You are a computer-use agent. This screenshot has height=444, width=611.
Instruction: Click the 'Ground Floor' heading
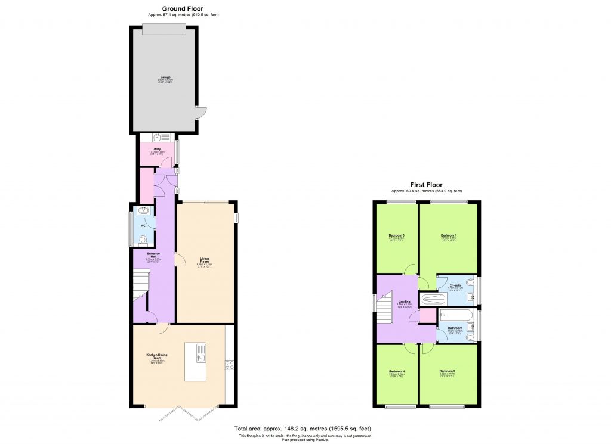[183, 8]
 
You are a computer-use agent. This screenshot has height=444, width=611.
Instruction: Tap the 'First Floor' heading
[426, 185]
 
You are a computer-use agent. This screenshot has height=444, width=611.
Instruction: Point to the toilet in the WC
[142, 240]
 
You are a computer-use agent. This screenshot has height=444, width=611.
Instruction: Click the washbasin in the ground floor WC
[143, 210]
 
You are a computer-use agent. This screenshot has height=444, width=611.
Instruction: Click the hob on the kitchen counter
[229, 365]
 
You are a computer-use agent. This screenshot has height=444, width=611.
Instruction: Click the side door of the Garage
[202, 113]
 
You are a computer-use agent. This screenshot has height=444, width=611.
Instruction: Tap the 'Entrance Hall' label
[153, 256]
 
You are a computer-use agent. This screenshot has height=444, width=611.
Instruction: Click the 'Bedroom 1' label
[448, 236]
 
